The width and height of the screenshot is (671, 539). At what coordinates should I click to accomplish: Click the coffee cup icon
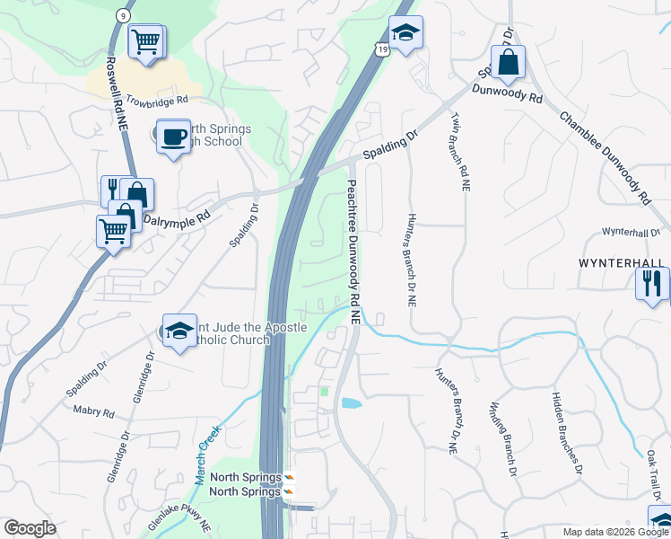[173, 137]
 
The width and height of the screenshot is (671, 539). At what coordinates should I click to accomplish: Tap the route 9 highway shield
[122, 16]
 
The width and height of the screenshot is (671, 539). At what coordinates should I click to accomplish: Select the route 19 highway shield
[383, 51]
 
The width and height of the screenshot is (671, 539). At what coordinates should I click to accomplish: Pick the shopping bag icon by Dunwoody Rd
[508, 62]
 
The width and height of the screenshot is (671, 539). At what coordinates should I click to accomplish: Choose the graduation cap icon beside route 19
[405, 34]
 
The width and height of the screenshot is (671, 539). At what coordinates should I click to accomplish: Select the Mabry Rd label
[96, 413]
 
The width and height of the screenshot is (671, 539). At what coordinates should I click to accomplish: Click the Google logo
[30, 528]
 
